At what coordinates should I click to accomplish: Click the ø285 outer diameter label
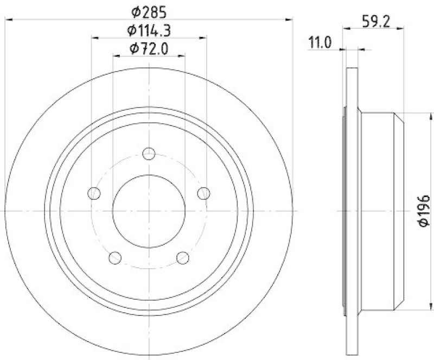point(148,11)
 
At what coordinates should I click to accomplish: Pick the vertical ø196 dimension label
point(424,211)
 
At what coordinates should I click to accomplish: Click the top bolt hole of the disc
point(149,154)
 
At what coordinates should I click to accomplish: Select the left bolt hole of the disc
point(94,193)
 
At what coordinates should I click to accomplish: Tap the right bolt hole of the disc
point(203,193)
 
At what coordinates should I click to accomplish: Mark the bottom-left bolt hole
point(115,257)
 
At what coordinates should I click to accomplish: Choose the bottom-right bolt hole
point(183,257)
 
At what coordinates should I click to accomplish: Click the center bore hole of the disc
point(149,211)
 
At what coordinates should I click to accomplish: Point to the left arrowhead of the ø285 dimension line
point(8,20)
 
